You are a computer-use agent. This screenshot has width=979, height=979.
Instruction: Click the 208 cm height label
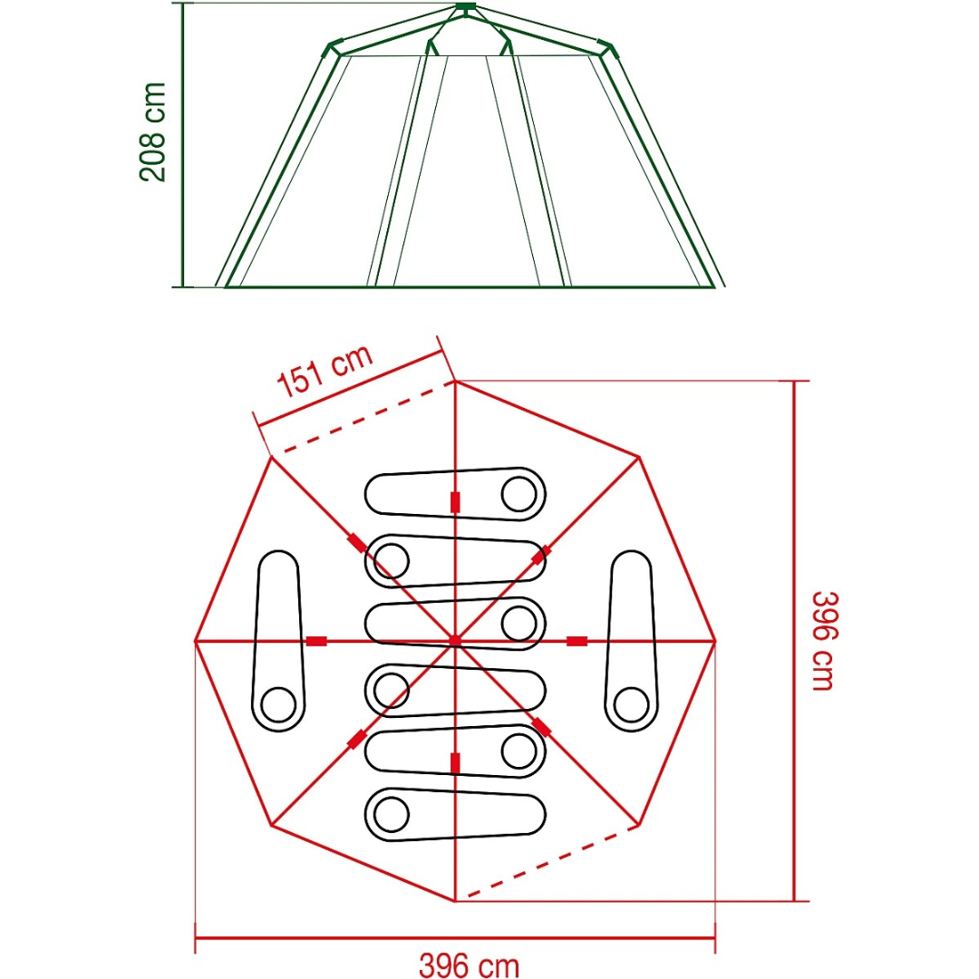pos(153,131)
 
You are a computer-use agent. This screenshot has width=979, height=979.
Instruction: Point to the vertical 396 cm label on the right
pos(824,641)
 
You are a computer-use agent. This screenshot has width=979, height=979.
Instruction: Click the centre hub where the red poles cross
pos(455,641)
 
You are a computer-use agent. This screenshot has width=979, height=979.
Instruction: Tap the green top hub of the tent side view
pos(465,7)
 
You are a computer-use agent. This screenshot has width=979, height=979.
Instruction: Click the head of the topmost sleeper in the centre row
pos(519,494)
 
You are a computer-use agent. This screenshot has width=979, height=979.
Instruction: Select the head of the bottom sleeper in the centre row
pos(392,814)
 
